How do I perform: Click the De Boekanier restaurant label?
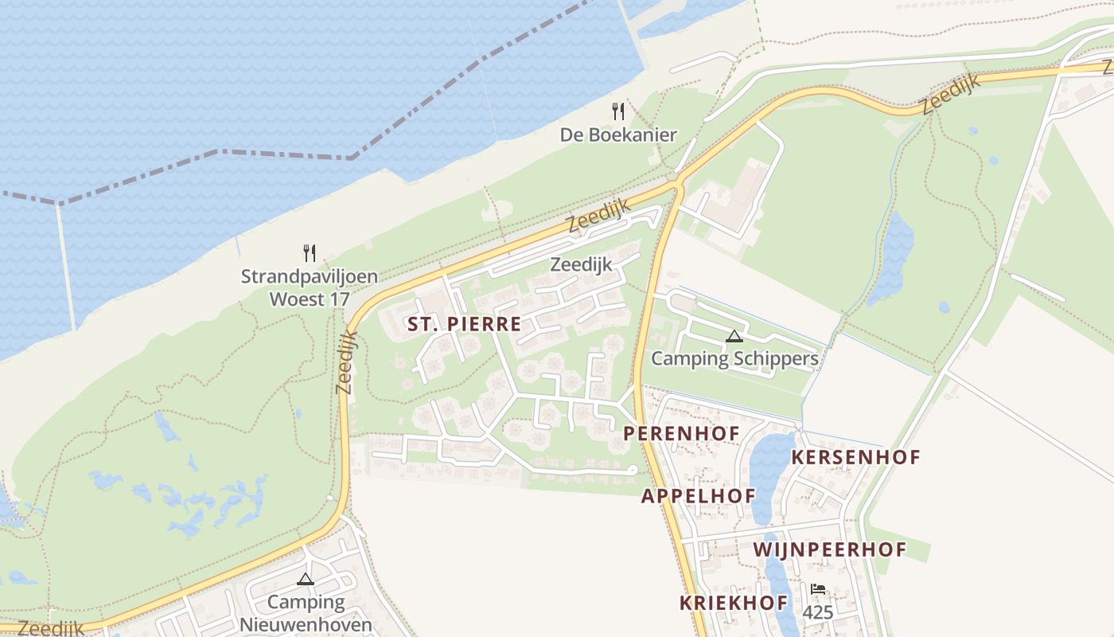[x=617, y=135]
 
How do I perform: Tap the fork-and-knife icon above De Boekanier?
[x=617, y=111]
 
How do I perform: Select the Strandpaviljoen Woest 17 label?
[x=309, y=288]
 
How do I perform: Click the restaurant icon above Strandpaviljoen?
[x=310, y=253]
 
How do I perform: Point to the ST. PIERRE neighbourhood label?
[x=464, y=324]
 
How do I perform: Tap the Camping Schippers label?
[x=734, y=358]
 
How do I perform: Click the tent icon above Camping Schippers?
[x=734, y=336]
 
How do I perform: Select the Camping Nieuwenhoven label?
[x=306, y=612]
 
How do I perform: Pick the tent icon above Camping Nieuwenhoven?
[x=306, y=579]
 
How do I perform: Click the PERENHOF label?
[x=682, y=433]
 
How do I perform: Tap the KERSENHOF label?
[x=856, y=457]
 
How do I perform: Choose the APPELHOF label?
[x=699, y=496]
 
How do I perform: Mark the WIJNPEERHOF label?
[x=830, y=549]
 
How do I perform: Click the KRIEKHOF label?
[x=734, y=603]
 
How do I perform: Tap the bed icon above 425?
[x=817, y=590]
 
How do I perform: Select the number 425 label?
[x=817, y=612]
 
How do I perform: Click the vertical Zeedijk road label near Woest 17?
[x=346, y=362]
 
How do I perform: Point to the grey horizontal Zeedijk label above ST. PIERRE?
[x=581, y=264]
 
